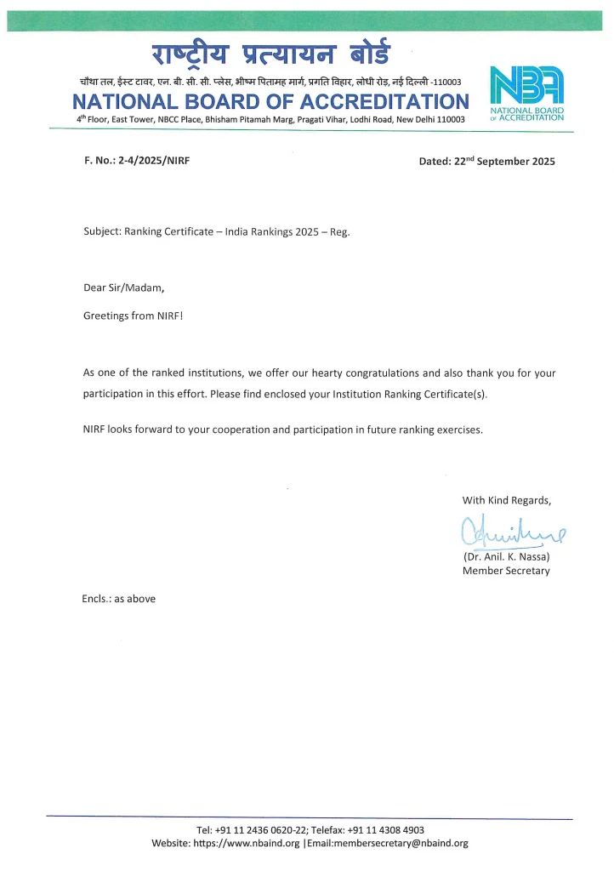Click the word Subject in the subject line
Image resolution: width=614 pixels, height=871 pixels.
(x=102, y=231)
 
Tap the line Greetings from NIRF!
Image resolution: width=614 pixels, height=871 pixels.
(x=133, y=316)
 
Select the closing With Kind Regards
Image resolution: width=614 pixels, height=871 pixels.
(x=506, y=500)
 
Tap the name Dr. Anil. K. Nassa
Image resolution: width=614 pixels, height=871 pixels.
(x=507, y=556)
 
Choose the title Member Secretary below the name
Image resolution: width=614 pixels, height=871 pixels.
(x=506, y=571)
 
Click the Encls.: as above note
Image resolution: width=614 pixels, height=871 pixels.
(x=119, y=598)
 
